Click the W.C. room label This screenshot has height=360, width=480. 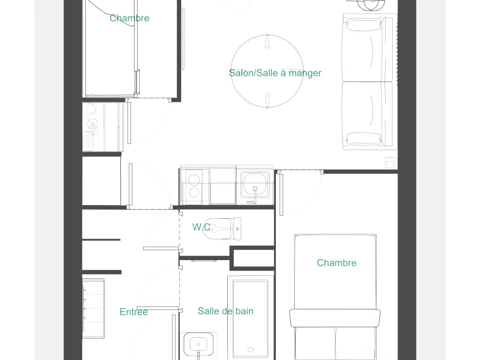pos(202,227)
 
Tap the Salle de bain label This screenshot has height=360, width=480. pos(226,311)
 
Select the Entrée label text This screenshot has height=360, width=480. pos(134,312)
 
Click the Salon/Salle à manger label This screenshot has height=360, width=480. pos(275,73)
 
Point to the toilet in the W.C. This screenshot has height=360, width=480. pos(222,229)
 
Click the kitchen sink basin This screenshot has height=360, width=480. pos(255,184)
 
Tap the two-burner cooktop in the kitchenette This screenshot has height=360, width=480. pos(194,186)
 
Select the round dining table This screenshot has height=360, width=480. pos(267,71)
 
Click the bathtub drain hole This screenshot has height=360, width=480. pos(251,350)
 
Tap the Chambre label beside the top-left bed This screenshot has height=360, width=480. pos(130,18)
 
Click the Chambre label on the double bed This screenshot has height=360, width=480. pos(336,263)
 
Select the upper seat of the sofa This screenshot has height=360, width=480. pos(367,49)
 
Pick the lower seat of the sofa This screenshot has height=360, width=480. pos(367,114)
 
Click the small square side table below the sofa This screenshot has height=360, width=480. pos(391,163)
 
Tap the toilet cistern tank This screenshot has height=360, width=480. pos(237,229)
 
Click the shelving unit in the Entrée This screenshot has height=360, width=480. pos(93,308)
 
